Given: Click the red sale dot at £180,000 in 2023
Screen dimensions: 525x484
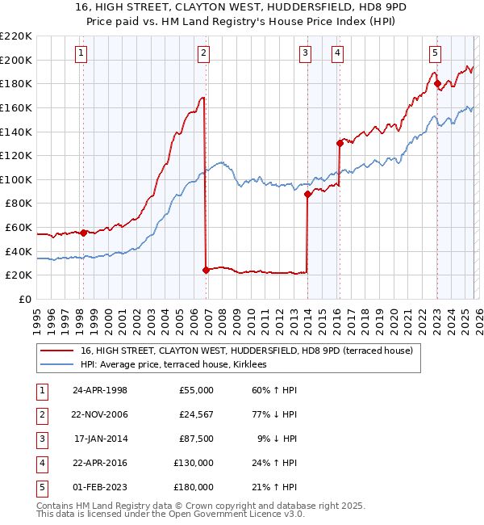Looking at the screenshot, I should click(436, 83).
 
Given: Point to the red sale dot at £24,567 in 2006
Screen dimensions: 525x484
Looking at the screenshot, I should click(206, 270).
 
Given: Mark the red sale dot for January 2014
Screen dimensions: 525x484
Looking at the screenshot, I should click(307, 194).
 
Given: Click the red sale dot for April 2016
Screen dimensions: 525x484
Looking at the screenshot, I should click(340, 143).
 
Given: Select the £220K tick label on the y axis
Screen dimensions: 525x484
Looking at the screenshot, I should click(16, 36).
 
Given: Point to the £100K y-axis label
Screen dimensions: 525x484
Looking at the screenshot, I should click(16, 179).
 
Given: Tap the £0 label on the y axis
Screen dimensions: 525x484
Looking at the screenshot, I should click(24, 299).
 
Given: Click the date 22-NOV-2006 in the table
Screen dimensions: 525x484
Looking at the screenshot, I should click(99, 414).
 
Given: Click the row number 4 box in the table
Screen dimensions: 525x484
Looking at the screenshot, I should click(43, 463).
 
